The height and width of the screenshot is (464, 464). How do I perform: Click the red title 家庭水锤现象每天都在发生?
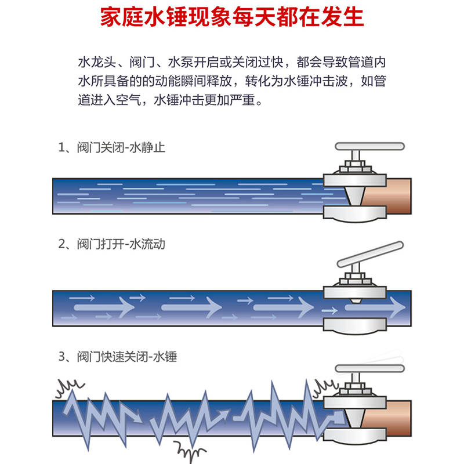click(232, 17)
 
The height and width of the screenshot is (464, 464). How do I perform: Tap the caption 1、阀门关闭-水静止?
click(112, 147)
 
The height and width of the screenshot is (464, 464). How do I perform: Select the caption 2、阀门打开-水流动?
click(112, 244)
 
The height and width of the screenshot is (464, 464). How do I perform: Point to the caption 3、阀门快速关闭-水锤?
click(118, 357)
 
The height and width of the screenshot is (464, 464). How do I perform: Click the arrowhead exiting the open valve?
click(394, 304)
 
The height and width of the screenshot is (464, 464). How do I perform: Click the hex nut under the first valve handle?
click(353, 169)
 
